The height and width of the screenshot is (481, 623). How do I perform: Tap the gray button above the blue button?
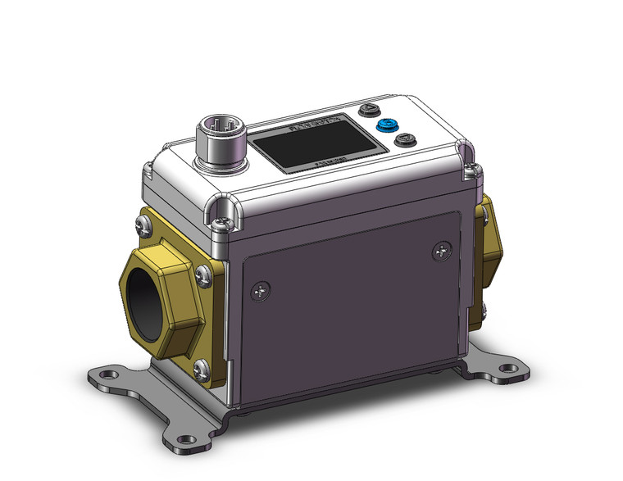point(370,109)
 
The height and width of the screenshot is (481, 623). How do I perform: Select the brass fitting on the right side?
point(489,237)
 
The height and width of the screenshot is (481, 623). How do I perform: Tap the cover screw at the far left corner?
point(148,170)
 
